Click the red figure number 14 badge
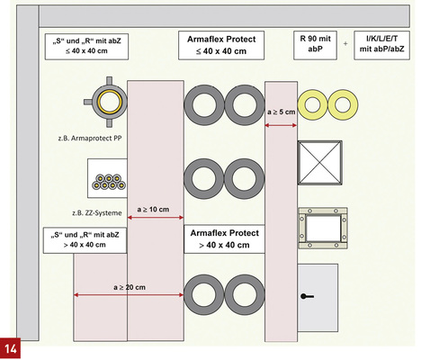pyautogui.click(x=10, y=348)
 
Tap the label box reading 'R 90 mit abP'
pyautogui.click(x=315, y=45)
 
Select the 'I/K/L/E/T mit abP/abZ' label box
pyautogui.click(x=381, y=45)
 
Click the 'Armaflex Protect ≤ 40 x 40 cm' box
pyautogui.click(x=221, y=45)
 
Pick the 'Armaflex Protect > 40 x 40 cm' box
pyautogui.click(x=224, y=238)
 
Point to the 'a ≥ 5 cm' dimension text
pyautogui.click(x=282, y=112)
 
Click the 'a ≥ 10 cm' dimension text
pyautogui.click(x=153, y=210)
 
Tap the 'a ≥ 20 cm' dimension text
pyautogui.click(x=130, y=287)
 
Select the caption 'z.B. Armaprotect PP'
pyautogui.click(x=90, y=139)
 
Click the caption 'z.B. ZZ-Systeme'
pyautogui.click(x=97, y=213)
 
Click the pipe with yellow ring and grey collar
pyautogui.click(x=106, y=102)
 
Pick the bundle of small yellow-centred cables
pyautogui.click(x=109, y=182)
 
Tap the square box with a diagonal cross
pyautogui.click(x=319, y=163)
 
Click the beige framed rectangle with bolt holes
pyautogui.click(x=323, y=228)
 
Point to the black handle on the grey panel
pyautogui.click(x=307, y=297)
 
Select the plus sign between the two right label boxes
pyautogui.click(x=345, y=44)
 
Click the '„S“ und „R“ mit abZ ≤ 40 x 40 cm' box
pyautogui.click(x=86, y=47)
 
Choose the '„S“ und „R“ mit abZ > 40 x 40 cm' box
pyautogui.click(x=85, y=240)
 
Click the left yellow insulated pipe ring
pyautogui.click(x=312, y=105)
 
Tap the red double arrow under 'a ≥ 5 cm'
pyautogui.click(x=281, y=125)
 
